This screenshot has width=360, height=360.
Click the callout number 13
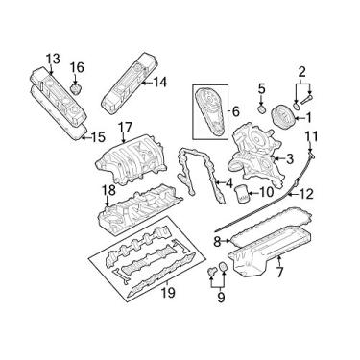(51, 60)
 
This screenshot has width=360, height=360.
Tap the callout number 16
(79, 67)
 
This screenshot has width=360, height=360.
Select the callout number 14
(159, 83)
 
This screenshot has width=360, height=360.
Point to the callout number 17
(125, 128)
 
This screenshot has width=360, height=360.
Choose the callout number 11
(312, 135)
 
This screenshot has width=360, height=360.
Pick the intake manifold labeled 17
(130, 158)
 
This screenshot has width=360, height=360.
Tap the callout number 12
(306, 194)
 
